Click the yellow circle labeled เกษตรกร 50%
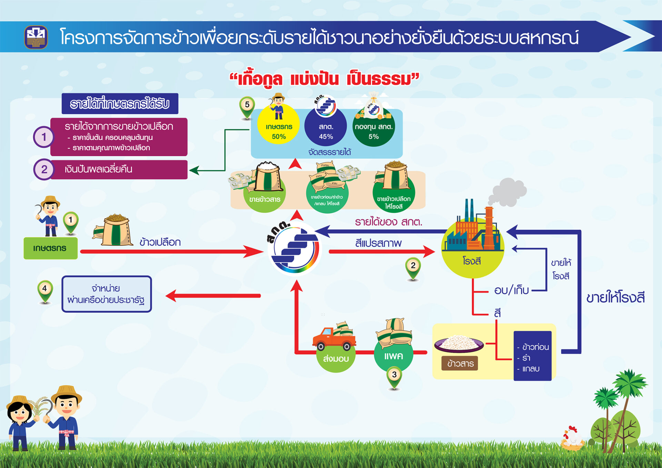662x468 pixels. pyautogui.click(x=279, y=126)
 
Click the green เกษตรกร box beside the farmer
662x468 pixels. pyautogui.click(x=50, y=248)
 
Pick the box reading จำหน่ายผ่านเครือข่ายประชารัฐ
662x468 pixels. pyautogui.click(x=107, y=294)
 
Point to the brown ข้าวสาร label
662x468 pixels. pyautogui.click(x=460, y=363)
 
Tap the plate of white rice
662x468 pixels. pyautogui.click(x=459, y=343)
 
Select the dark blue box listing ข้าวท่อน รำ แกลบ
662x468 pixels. pyautogui.click(x=532, y=356)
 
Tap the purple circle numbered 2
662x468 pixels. pyautogui.click(x=44, y=169)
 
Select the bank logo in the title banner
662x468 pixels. pyautogui.click(x=36, y=37)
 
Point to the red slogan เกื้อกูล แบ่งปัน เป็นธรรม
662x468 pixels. pyautogui.click(x=324, y=79)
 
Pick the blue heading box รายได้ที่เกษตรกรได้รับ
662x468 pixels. pyautogui.click(x=120, y=103)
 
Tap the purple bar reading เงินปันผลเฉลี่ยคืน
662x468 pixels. pyautogui.click(x=119, y=169)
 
